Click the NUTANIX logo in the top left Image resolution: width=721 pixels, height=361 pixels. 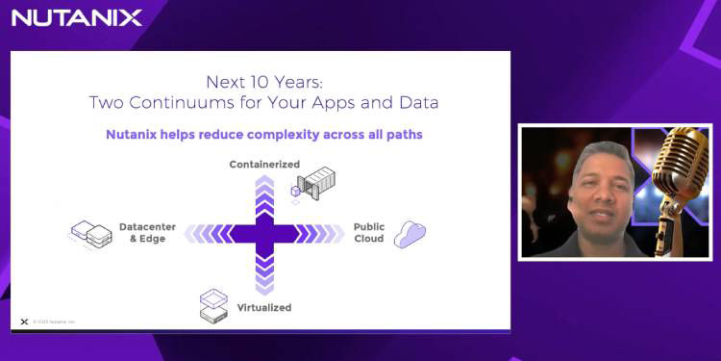(77, 17)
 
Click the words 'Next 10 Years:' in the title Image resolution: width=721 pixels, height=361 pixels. (264, 82)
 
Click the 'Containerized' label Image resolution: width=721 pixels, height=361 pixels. (264, 165)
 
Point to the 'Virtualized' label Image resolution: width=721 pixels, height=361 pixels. (264, 308)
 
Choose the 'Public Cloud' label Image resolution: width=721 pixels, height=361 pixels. (369, 233)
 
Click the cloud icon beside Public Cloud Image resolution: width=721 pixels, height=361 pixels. (410, 234)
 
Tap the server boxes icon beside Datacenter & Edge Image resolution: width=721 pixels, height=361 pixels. (91, 233)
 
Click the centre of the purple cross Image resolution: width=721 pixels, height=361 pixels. (264, 234)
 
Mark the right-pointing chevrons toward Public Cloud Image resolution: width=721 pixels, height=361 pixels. (317, 234)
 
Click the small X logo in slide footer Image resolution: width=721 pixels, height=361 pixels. (24, 322)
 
